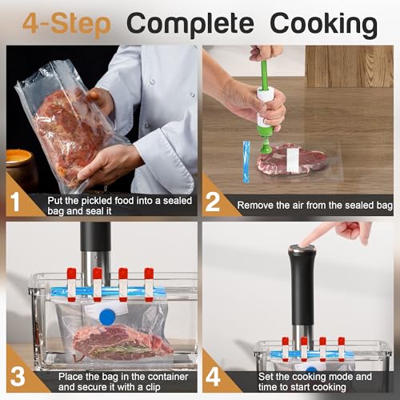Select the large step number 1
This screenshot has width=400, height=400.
click(x=17, y=199)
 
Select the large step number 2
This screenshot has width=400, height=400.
click(x=213, y=200)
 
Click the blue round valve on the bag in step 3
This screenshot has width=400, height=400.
click(x=106, y=317)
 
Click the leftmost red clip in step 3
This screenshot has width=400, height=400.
click(x=71, y=284)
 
